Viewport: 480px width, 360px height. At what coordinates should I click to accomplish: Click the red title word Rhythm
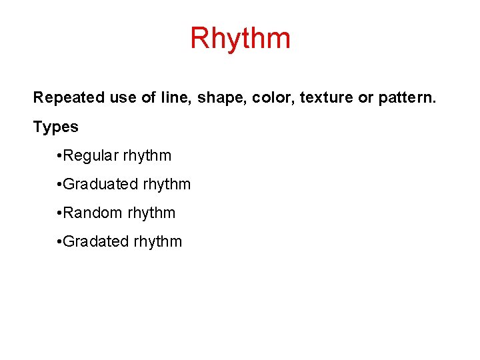[240, 38]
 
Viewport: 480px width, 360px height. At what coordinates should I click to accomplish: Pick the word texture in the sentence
[327, 98]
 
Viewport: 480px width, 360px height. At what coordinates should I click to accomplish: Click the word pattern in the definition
[407, 98]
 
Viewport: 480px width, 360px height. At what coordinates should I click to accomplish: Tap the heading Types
[56, 127]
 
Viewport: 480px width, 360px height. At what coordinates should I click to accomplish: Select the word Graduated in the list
[100, 185]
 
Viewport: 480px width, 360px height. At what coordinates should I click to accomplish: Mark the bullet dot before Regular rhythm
[60, 156]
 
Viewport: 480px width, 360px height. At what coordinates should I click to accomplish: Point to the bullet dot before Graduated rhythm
[60, 185]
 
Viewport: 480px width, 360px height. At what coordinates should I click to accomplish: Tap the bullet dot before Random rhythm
[60, 213]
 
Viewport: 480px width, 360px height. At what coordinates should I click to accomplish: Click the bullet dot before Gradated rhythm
[60, 242]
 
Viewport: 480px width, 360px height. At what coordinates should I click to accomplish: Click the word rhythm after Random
[151, 213]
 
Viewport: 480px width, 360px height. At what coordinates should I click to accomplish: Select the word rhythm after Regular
[147, 156]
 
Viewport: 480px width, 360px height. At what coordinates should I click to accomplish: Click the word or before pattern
[366, 98]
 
